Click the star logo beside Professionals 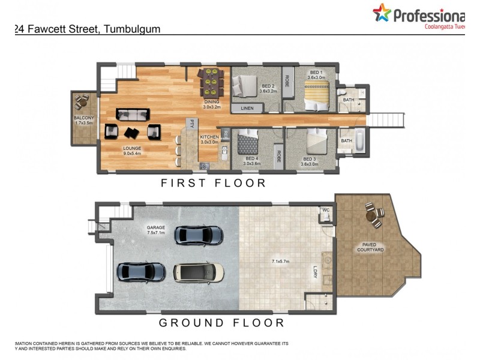(x=381, y=12)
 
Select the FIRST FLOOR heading (x=213, y=183)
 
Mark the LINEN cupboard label (x=247, y=108)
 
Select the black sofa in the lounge (x=133, y=114)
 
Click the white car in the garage (x=199, y=273)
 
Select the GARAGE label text (x=155, y=229)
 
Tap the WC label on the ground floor (x=326, y=211)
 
